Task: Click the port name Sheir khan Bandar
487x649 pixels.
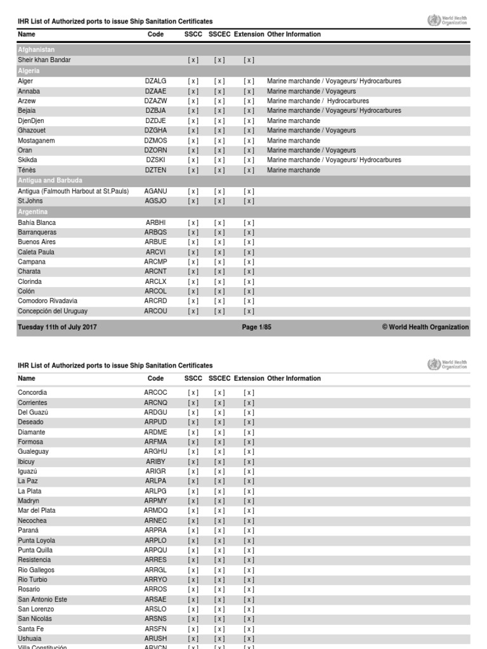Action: [44, 60]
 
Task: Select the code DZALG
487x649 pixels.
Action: [155, 82]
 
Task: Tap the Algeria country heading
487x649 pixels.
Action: [29, 71]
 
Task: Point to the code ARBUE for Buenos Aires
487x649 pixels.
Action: [155, 242]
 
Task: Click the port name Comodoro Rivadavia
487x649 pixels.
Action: [48, 301]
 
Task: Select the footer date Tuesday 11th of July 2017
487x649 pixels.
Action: [57, 328]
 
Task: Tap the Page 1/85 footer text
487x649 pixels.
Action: [257, 328]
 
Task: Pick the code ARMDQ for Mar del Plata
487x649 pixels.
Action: [155, 511]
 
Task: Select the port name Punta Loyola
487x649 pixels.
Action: [36, 541]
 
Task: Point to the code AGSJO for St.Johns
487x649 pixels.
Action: [155, 201]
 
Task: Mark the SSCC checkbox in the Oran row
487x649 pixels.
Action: [193, 150]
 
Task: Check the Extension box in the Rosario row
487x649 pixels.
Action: [249, 589]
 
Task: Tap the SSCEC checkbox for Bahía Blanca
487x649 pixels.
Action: [219, 223]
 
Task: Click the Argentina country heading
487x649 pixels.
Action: [32, 212]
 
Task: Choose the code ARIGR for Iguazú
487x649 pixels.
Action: [155, 472]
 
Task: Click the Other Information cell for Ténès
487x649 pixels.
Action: [294, 170]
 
